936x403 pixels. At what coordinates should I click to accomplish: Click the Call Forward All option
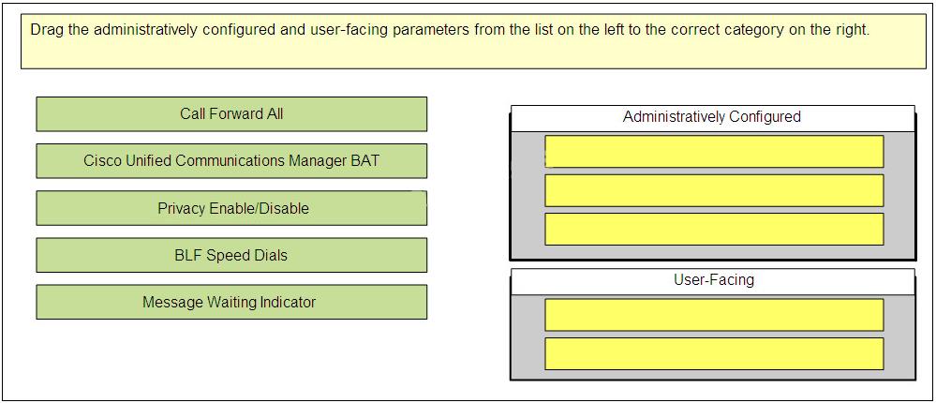(231, 114)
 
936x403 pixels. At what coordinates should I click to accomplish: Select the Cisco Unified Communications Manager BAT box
(231, 160)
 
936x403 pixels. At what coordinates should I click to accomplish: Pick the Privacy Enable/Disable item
(231, 208)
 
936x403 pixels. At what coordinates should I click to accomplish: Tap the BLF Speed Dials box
(231, 255)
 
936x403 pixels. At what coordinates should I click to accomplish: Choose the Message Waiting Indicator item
(231, 302)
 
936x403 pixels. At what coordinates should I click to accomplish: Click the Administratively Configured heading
(711, 117)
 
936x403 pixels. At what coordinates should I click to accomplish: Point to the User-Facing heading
(713, 279)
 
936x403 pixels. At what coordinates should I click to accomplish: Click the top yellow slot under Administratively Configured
(714, 152)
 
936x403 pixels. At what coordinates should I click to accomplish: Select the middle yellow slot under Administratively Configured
(714, 190)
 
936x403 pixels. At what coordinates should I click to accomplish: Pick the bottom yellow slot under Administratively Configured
(714, 230)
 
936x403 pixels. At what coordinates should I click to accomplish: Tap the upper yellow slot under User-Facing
(714, 315)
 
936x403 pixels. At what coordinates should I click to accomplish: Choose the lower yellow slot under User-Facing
(714, 353)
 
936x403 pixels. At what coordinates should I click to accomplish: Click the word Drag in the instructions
(47, 30)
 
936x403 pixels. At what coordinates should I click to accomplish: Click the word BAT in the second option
(365, 160)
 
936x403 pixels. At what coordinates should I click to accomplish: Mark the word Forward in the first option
(232, 114)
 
